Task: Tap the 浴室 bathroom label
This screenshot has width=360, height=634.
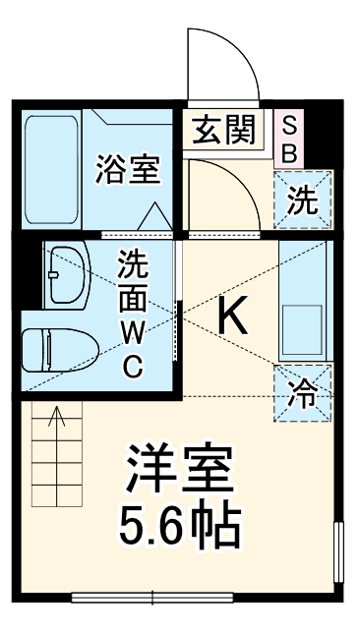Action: [x=128, y=169]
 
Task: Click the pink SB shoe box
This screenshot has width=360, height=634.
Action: [x=290, y=140]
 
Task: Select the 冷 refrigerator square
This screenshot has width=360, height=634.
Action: [x=302, y=393]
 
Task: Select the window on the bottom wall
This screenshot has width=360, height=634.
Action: [x=152, y=596]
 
